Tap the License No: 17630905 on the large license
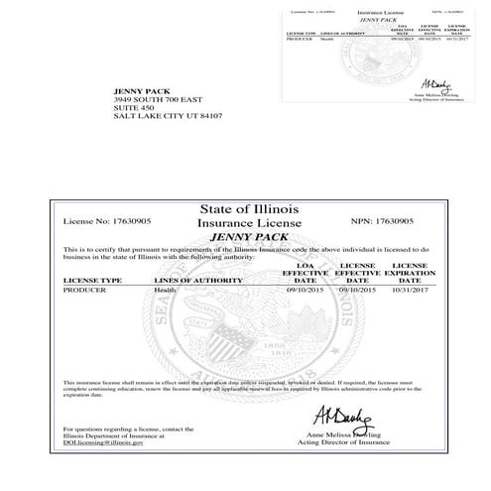pos(104,222)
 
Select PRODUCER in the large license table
pos(84,291)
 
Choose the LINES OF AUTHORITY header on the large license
pos(197,281)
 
